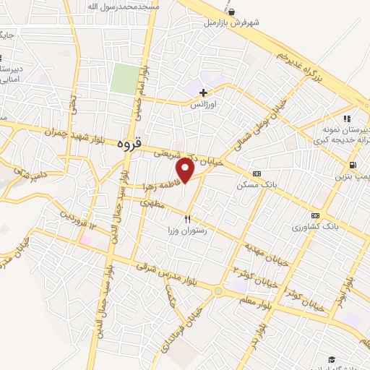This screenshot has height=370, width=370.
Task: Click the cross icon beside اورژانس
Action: (204, 92)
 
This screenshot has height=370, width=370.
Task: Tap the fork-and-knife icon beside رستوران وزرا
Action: (187, 218)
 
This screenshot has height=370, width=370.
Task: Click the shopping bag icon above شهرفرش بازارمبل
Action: (231, 12)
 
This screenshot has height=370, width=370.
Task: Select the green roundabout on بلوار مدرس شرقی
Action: (218, 291)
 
